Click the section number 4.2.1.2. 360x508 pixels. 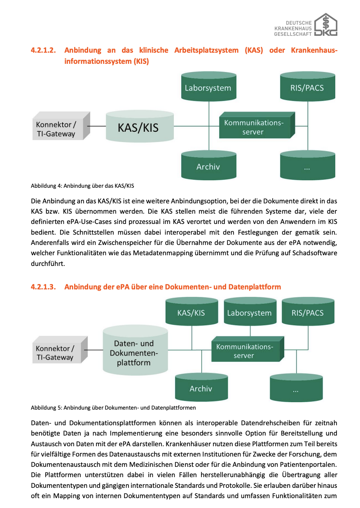(43, 50)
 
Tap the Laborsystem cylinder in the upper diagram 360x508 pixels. (208, 88)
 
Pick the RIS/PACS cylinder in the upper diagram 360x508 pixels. (307, 88)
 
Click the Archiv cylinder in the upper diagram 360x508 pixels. (208, 166)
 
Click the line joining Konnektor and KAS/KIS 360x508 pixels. (96, 126)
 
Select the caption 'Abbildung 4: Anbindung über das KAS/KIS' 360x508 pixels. (82, 186)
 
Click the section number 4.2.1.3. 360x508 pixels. (43, 287)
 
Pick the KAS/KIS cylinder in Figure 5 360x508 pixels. (191, 312)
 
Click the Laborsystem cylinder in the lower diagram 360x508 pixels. (250, 312)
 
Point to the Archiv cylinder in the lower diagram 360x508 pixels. (201, 388)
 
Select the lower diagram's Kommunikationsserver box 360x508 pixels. (246, 351)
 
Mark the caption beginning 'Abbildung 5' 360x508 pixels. (113, 408)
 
